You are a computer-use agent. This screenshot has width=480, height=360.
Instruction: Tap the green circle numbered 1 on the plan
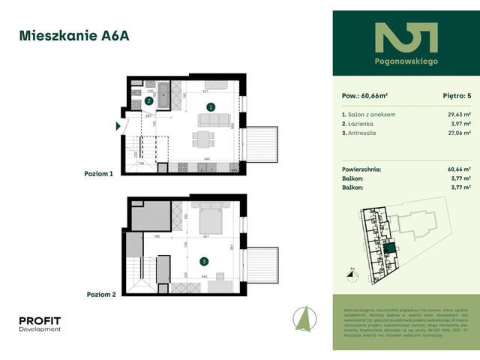point(211,107)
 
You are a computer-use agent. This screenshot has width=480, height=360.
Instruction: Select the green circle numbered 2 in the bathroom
point(149,100)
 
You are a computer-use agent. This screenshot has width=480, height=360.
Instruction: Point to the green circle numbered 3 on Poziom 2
point(203,262)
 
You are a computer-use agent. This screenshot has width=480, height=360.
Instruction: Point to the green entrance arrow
point(118,126)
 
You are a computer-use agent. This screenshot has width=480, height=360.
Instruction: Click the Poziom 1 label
point(100,173)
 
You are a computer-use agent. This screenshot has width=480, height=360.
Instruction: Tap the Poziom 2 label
point(100,295)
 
